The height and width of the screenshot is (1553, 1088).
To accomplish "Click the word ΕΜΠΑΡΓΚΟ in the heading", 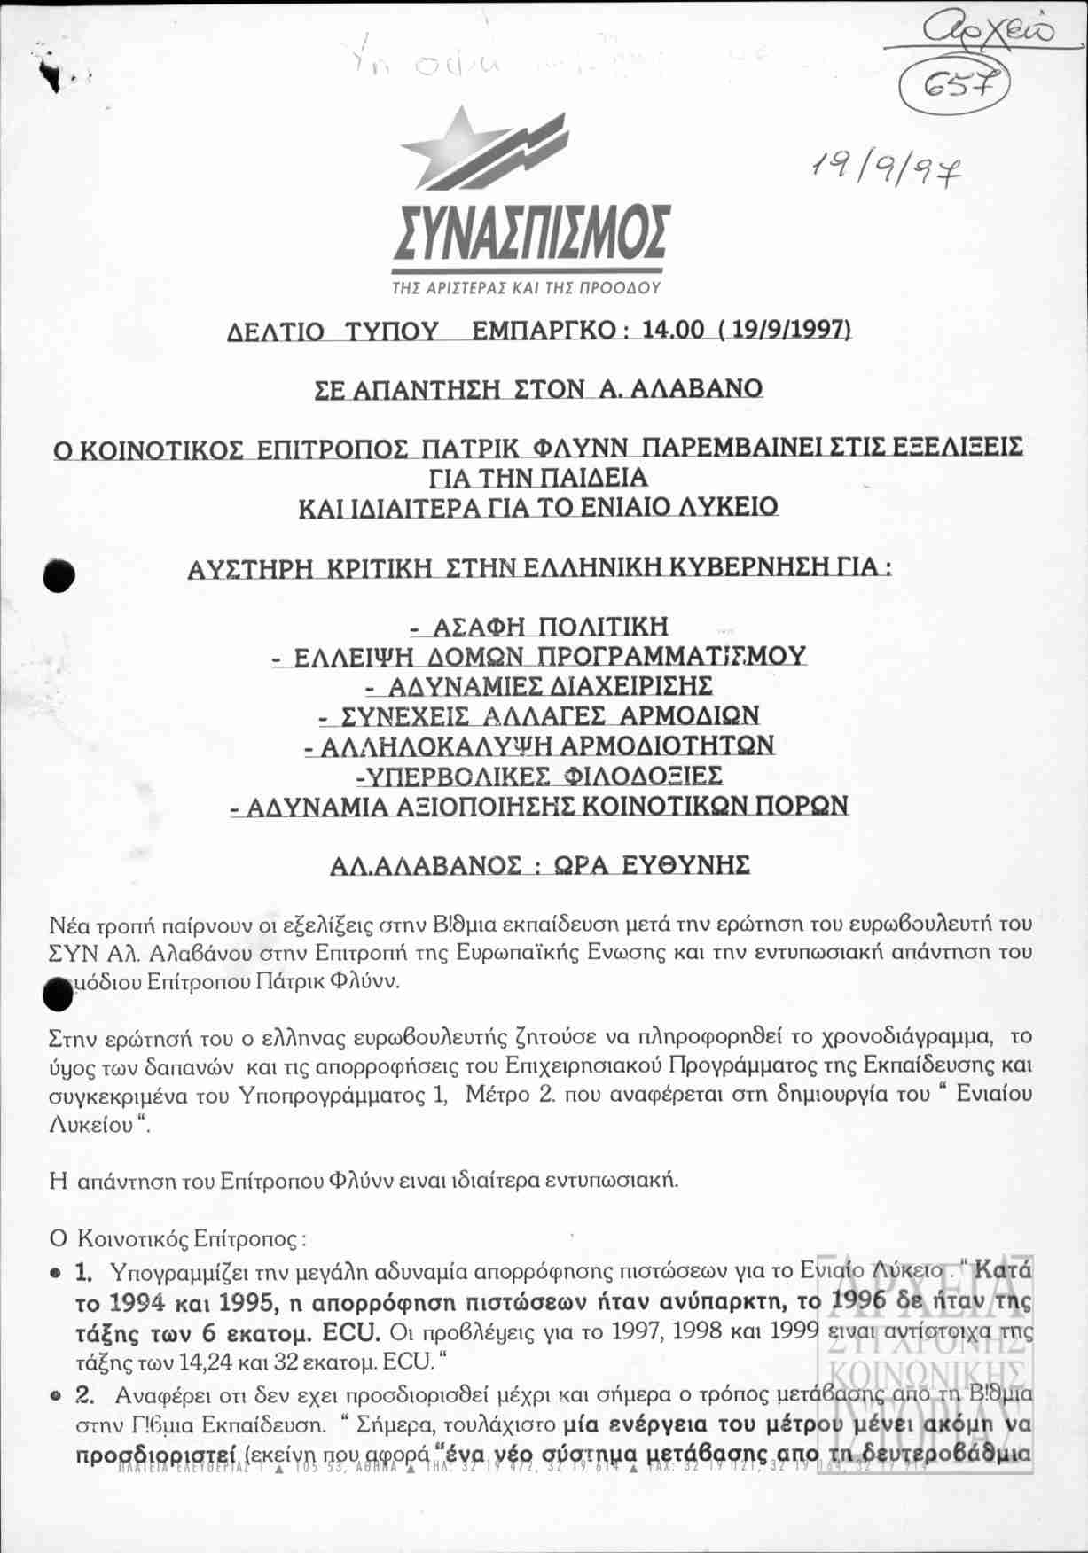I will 544,331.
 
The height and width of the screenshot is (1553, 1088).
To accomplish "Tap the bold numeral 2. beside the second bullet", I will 85,1394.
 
